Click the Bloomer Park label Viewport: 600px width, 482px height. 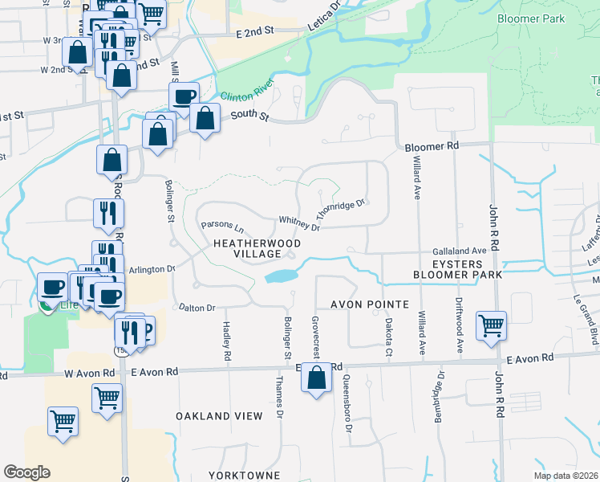(x=530, y=18)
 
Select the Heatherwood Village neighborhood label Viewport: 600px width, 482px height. (x=257, y=248)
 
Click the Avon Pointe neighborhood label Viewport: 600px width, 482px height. (x=370, y=305)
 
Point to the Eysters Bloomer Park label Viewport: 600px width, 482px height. (x=457, y=269)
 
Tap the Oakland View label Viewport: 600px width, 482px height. (x=219, y=416)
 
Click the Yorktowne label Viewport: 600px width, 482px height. (x=244, y=476)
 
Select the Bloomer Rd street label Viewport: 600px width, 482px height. (x=432, y=147)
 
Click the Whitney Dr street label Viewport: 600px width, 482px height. (x=298, y=223)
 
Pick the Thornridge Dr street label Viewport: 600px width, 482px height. (x=340, y=209)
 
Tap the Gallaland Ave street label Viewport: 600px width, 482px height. (x=460, y=251)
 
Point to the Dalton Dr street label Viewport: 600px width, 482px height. (x=197, y=308)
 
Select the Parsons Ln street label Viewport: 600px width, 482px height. (x=221, y=226)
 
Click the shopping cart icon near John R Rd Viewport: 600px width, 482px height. (x=491, y=326)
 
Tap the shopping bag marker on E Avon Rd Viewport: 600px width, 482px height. (x=317, y=378)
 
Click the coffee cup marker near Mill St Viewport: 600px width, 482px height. (x=184, y=97)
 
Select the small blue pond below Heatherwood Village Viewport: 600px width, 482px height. (x=279, y=276)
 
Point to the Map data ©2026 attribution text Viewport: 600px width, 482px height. (x=565, y=476)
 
